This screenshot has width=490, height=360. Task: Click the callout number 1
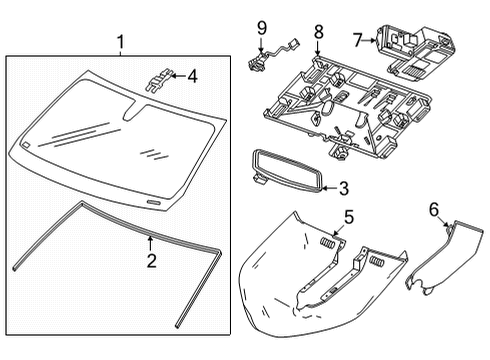[120, 42]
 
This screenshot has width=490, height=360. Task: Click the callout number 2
[150, 262]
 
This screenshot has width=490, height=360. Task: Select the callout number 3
[343, 187]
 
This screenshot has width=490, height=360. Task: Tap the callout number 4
[192, 74]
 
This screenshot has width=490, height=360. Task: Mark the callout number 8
[317, 32]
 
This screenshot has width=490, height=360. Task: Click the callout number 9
[261, 26]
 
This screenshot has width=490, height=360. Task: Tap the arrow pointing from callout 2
[150, 245]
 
